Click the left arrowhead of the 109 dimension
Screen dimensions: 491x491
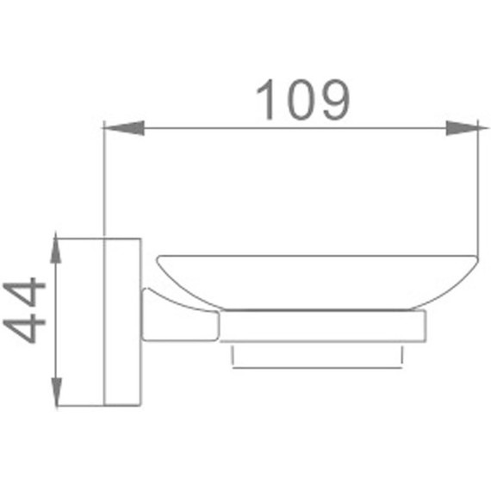121,128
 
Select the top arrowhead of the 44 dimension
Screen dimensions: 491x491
57,250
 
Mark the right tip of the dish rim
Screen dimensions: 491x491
475,257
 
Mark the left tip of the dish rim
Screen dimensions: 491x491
158,258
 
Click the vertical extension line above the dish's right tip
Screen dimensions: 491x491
478,190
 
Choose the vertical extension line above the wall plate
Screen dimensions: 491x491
103,181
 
